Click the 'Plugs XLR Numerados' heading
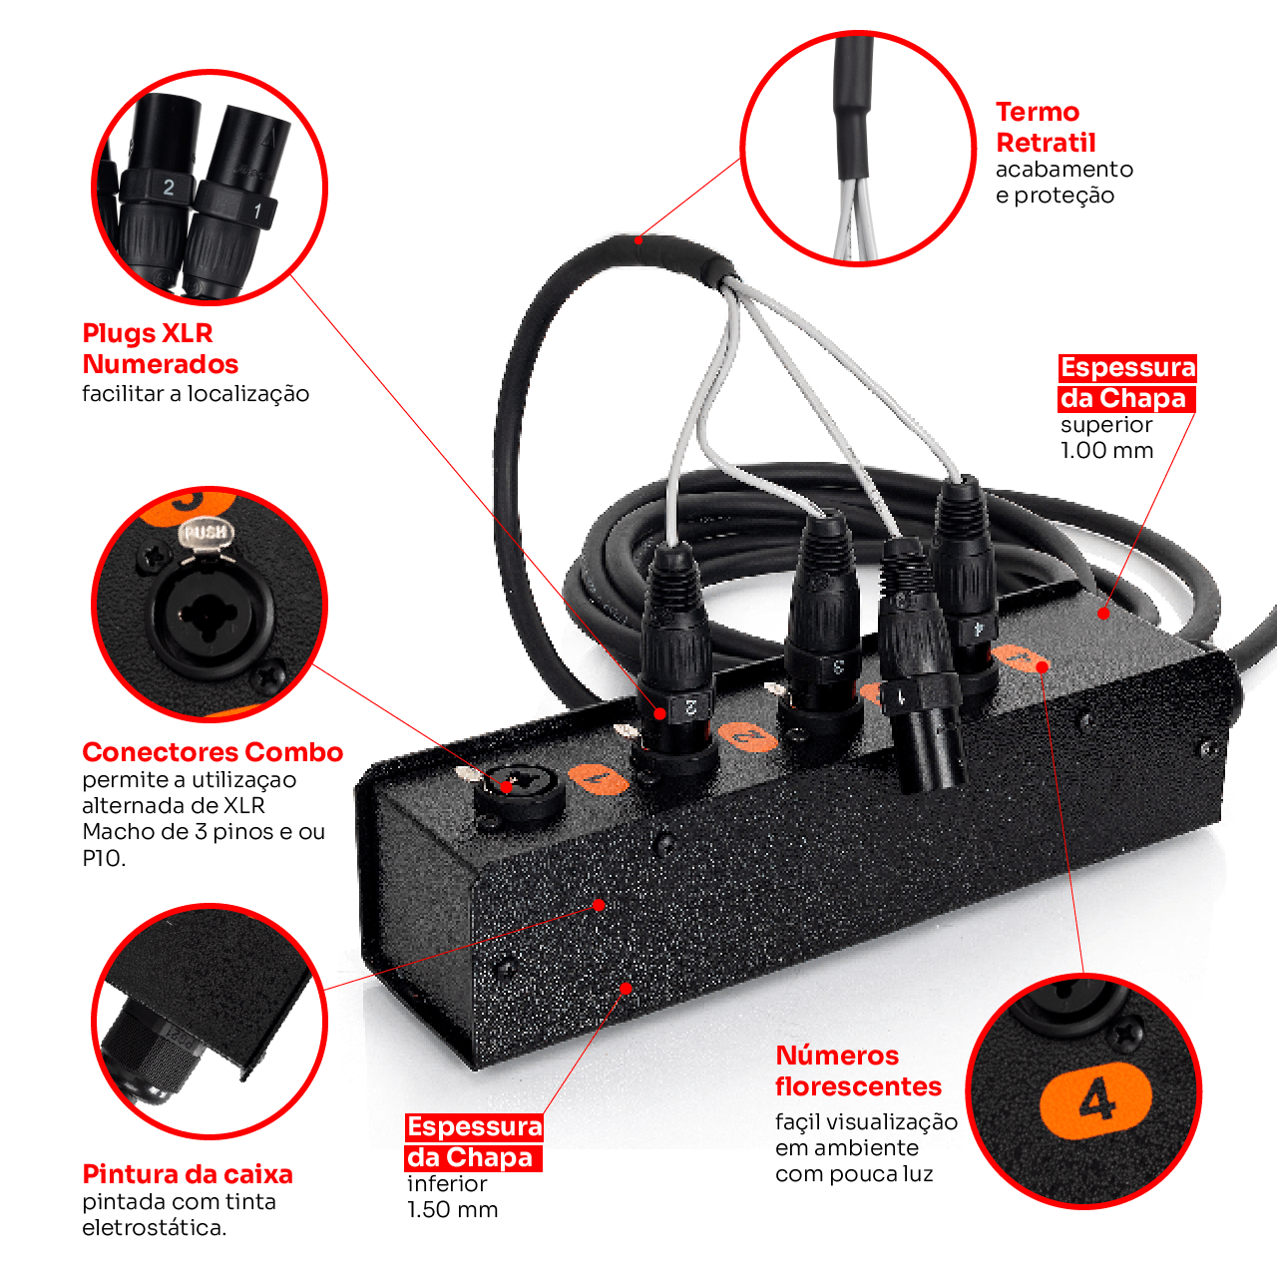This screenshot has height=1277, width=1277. pyautogui.click(x=161, y=348)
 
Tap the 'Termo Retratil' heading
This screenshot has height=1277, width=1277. pyautogui.click(x=1046, y=128)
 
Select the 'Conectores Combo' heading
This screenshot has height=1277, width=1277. pyautogui.click(x=213, y=752)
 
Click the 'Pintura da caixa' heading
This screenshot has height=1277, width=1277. pyautogui.click(x=188, y=1174)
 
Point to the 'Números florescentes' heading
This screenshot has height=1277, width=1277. pyautogui.click(x=858, y=1070)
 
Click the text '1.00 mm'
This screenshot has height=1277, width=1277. pyautogui.click(x=1106, y=451)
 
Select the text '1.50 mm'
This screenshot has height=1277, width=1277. pyautogui.click(x=452, y=1209)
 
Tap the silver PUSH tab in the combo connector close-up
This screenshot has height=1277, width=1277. pyautogui.click(x=207, y=535)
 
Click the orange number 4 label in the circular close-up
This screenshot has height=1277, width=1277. pyautogui.click(x=1096, y=1101)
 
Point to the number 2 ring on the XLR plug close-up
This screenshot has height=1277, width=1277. pyautogui.click(x=157, y=187)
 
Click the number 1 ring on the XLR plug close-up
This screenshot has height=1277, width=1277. pyautogui.click(x=235, y=205)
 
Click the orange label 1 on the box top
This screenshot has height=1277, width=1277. pyautogui.click(x=599, y=778)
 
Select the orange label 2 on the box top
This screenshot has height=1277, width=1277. pyautogui.click(x=748, y=736)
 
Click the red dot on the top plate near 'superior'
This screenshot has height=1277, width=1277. pyautogui.click(x=1103, y=614)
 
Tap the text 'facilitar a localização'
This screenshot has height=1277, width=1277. pyautogui.click(x=196, y=394)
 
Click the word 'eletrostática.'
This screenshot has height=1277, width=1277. pyautogui.click(x=155, y=1227)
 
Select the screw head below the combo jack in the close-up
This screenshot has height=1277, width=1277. pyautogui.click(x=269, y=677)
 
